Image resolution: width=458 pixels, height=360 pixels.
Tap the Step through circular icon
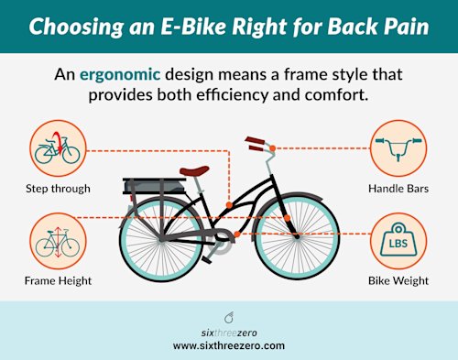pyautogui.click(x=56, y=147)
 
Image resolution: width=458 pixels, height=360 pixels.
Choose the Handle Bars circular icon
pyautogui.click(x=398, y=147)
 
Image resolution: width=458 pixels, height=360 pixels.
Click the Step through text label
pyautogui.click(x=58, y=189)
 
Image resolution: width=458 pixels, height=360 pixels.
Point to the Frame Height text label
pyautogui.click(x=58, y=280)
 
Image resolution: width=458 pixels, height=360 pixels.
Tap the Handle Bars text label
pyautogui.click(x=398, y=189)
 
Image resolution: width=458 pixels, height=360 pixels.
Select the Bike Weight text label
pyautogui.click(x=398, y=280)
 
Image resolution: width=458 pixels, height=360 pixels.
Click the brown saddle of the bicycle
pyautogui.click(x=193, y=170)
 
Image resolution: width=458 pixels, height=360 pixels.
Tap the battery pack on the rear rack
pyautogui.click(x=159, y=189)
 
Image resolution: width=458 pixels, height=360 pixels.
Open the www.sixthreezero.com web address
pyautogui.click(x=229, y=345)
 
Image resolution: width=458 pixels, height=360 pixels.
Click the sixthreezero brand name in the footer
pyautogui.click(x=229, y=331)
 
